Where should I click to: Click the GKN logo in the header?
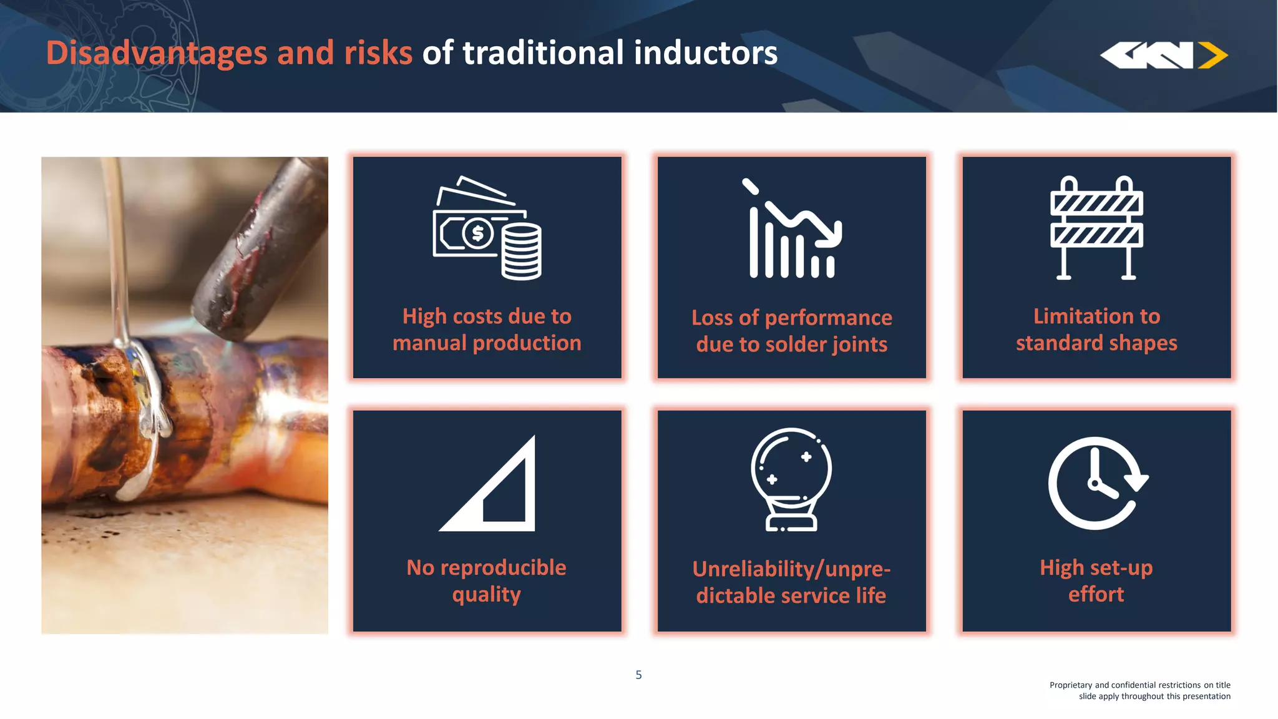pos(1163,55)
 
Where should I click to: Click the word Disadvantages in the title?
pos(156,52)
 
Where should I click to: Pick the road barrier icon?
pos(1096,228)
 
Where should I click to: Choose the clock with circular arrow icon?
pos(1096,483)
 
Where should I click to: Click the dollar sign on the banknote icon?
pos(478,233)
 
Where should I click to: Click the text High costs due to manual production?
pos(487,330)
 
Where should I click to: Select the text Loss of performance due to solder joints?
pos(791,331)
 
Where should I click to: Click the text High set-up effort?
pos(1096,580)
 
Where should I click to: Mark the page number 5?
pos(638,675)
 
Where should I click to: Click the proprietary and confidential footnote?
pos(1139,690)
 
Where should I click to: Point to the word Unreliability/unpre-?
pos(791,569)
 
